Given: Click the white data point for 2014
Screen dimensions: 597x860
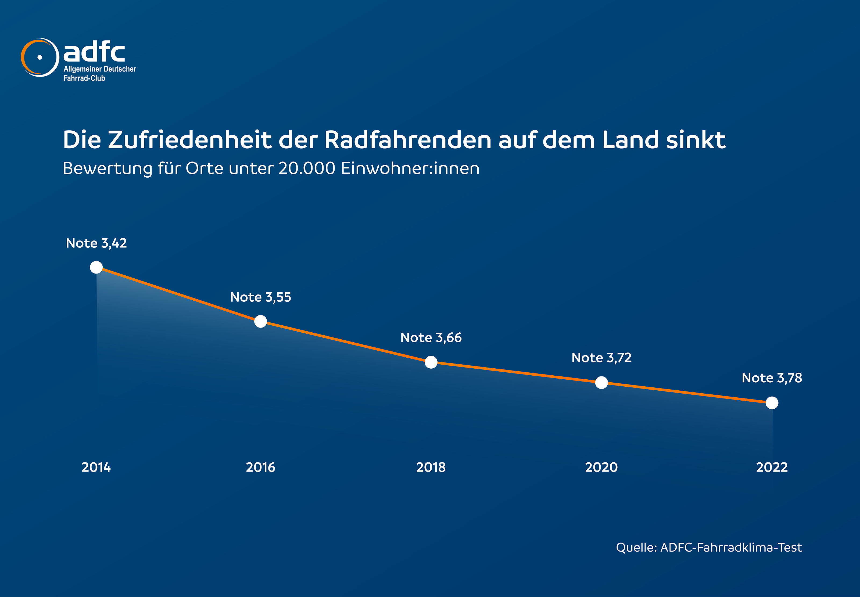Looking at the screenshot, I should coord(96,267).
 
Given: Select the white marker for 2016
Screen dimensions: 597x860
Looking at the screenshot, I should coord(260,321).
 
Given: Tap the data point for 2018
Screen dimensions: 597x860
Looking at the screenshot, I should coord(431,362).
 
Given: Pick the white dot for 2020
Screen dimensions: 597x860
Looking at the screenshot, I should coord(601,383).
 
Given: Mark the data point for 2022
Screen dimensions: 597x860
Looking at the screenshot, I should coord(772,403).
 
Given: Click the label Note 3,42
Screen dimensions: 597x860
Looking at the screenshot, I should coord(96,243).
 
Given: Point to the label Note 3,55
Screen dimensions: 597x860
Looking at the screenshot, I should coord(260,297).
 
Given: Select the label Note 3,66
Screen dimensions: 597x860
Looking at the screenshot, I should coord(431,337).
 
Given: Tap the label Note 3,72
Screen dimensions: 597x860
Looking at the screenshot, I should coord(601,358).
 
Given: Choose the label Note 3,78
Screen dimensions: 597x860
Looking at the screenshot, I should coord(772,378).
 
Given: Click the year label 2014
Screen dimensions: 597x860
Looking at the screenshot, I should coord(96,467).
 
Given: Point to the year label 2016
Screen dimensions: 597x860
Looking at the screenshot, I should coord(260,467).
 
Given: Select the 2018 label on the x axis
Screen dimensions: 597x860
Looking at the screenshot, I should coord(431,467).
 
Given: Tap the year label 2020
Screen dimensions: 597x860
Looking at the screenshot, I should coord(601,467).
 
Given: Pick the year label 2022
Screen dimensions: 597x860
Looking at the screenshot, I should coord(772,467).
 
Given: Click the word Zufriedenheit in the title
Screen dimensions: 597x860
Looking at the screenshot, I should coord(190,140).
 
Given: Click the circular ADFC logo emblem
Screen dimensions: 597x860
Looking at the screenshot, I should coord(40,57).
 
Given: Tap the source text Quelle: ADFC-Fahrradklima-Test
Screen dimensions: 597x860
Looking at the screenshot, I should coord(709,548).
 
